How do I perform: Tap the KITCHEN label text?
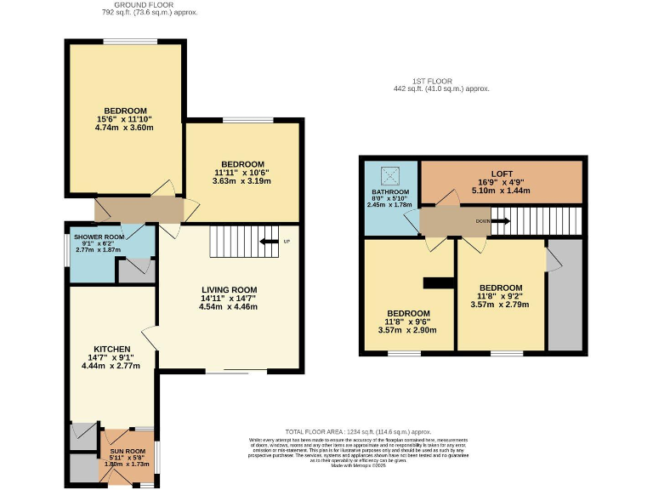tap(111, 348)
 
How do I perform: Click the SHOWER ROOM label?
tap(99, 236)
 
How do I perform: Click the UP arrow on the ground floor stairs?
tap(272, 242)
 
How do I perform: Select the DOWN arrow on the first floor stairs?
tap(500, 221)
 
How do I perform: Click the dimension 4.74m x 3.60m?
tap(126, 128)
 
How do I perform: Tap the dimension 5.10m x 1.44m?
tap(502, 191)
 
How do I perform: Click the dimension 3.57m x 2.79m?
tap(500, 305)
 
